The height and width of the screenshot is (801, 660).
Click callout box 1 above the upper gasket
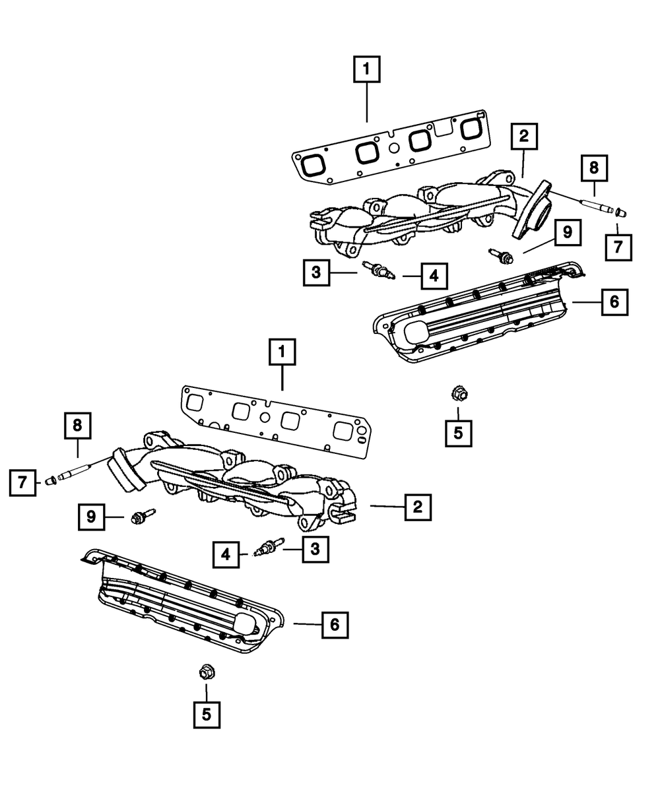[x=367, y=69]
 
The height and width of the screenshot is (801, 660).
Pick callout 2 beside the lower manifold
[x=417, y=507]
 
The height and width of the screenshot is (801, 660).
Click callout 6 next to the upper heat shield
[x=614, y=302]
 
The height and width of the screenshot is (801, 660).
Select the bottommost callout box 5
[x=207, y=715]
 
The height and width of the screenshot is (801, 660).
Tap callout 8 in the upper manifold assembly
[x=594, y=168]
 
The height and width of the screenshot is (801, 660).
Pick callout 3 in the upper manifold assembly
[x=317, y=272]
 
